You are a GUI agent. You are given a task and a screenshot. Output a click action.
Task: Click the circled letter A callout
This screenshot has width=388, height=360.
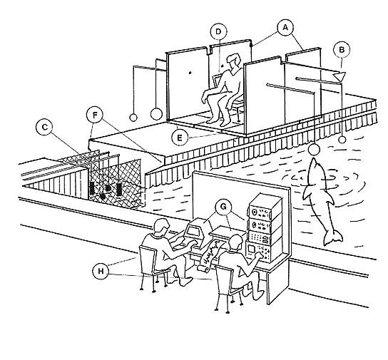point(285,28)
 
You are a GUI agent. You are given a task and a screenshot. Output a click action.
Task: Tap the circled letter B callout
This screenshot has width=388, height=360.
point(342,50)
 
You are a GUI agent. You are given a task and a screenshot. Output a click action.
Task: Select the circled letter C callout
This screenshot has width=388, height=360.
point(44,127)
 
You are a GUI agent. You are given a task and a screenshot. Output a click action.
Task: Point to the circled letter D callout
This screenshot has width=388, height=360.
point(218,31)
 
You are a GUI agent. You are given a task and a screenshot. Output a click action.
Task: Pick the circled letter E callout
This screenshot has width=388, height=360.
point(180,138)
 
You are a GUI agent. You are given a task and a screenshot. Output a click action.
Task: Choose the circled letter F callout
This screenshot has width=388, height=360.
point(95,115)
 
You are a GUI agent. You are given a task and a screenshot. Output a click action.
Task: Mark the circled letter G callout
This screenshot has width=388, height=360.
point(223,207)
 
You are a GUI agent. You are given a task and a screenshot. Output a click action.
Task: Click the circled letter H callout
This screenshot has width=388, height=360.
point(101,271)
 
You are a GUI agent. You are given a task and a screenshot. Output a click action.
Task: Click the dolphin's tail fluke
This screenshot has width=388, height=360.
point(333,237)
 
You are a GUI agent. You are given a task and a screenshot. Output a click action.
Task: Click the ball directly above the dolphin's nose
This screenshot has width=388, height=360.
point(314,150)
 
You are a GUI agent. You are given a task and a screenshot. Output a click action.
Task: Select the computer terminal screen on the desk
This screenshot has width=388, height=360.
point(193,231)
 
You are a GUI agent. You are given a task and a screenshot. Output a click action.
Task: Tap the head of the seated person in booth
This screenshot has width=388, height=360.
point(234,61)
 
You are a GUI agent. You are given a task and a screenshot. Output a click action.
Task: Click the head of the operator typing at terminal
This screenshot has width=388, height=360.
point(161,227)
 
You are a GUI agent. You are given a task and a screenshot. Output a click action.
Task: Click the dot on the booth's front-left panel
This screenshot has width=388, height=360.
point(190,73)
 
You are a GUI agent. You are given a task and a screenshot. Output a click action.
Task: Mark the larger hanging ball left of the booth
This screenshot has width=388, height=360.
point(156,114)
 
